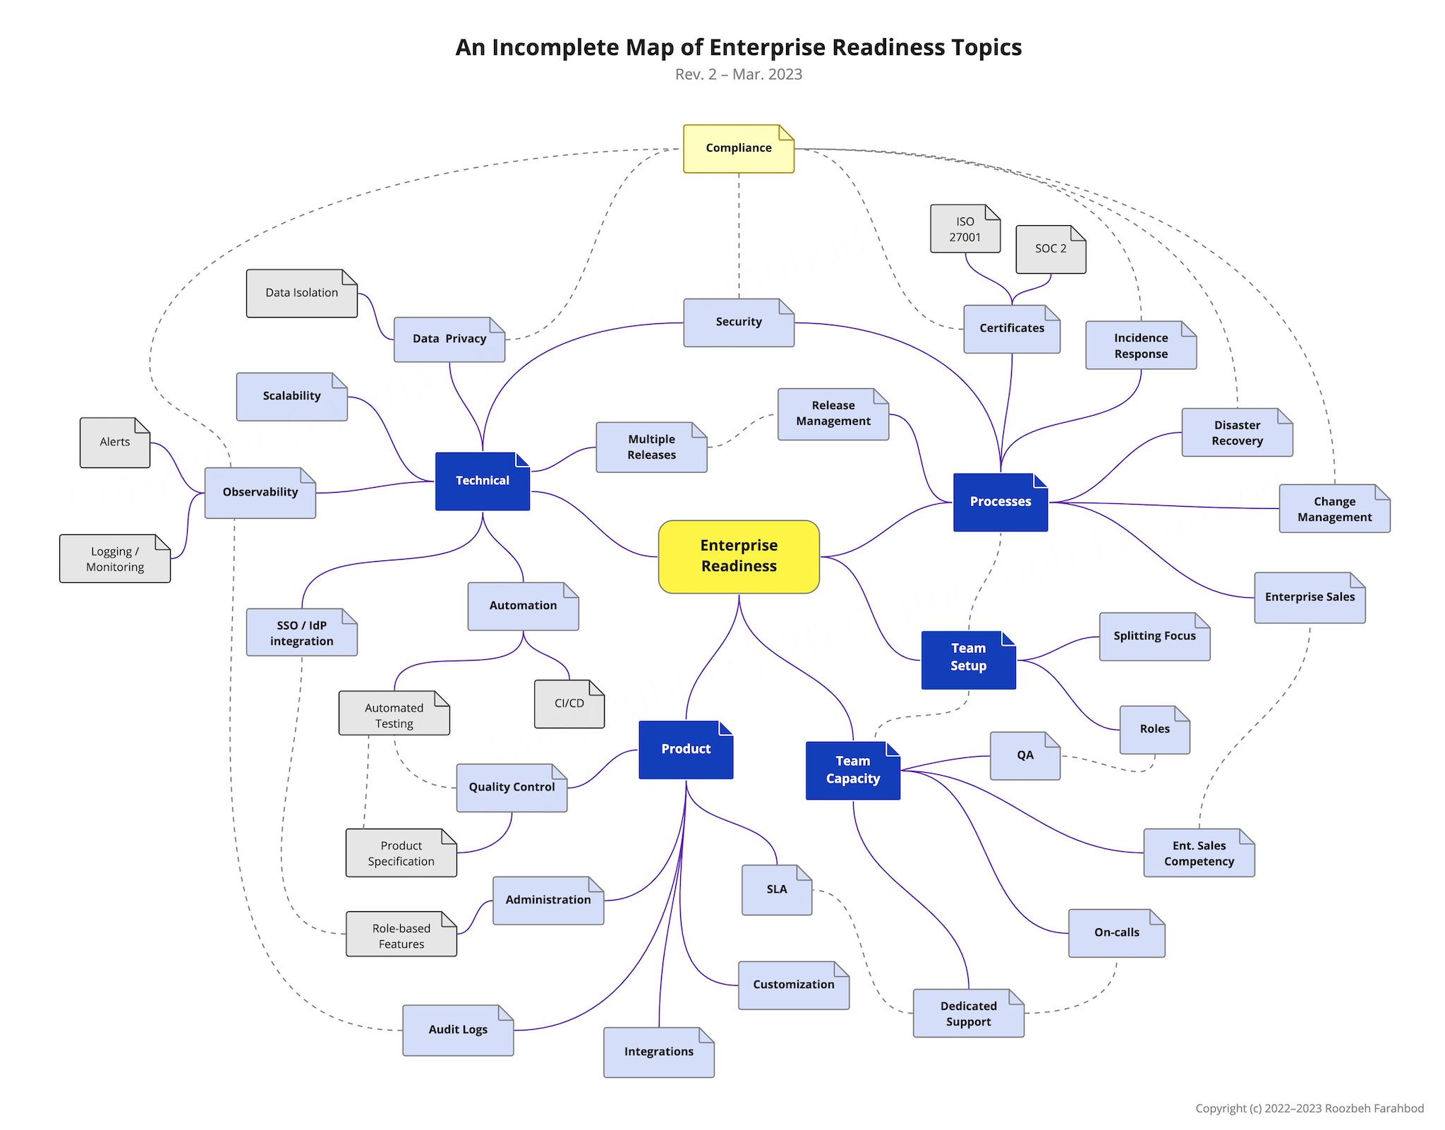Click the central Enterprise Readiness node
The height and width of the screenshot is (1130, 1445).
(739, 556)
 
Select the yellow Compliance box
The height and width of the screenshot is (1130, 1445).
(739, 148)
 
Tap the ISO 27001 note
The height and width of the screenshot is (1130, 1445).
(965, 229)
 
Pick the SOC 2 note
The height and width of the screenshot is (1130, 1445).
(1051, 249)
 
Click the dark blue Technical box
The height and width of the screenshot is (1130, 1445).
(483, 481)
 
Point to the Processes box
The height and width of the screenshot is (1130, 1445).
(1000, 502)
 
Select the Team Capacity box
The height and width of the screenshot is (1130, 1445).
(853, 770)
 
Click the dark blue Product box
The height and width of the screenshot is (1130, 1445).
(686, 750)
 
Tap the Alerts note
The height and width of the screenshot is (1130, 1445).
(115, 443)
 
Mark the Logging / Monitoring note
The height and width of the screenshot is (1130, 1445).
(115, 559)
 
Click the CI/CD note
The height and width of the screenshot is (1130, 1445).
(569, 704)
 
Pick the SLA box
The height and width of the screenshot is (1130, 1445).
(777, 890)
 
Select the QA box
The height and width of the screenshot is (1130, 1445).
(1025, 756)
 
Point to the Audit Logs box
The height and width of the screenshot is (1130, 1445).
(458, 1030)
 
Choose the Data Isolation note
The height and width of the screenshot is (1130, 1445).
(302, 293)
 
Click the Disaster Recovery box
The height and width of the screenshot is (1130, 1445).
(1237, 433)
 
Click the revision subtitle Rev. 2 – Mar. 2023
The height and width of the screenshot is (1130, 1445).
(738, 75)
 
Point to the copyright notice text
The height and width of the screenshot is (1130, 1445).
(1309, 1108)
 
